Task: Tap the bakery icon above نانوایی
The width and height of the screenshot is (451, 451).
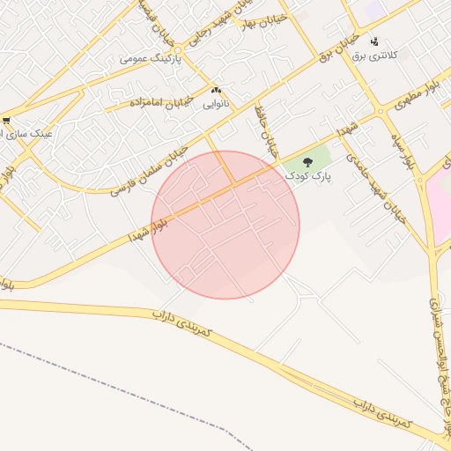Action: [217, 90]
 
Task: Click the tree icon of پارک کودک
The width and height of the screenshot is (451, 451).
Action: [307, 162]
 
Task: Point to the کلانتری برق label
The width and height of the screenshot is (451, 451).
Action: [376, 55]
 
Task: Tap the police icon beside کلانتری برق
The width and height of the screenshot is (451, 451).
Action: [375, 41]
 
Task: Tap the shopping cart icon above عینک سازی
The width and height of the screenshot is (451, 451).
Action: [6, 121]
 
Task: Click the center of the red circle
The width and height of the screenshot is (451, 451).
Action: [225, 225]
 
